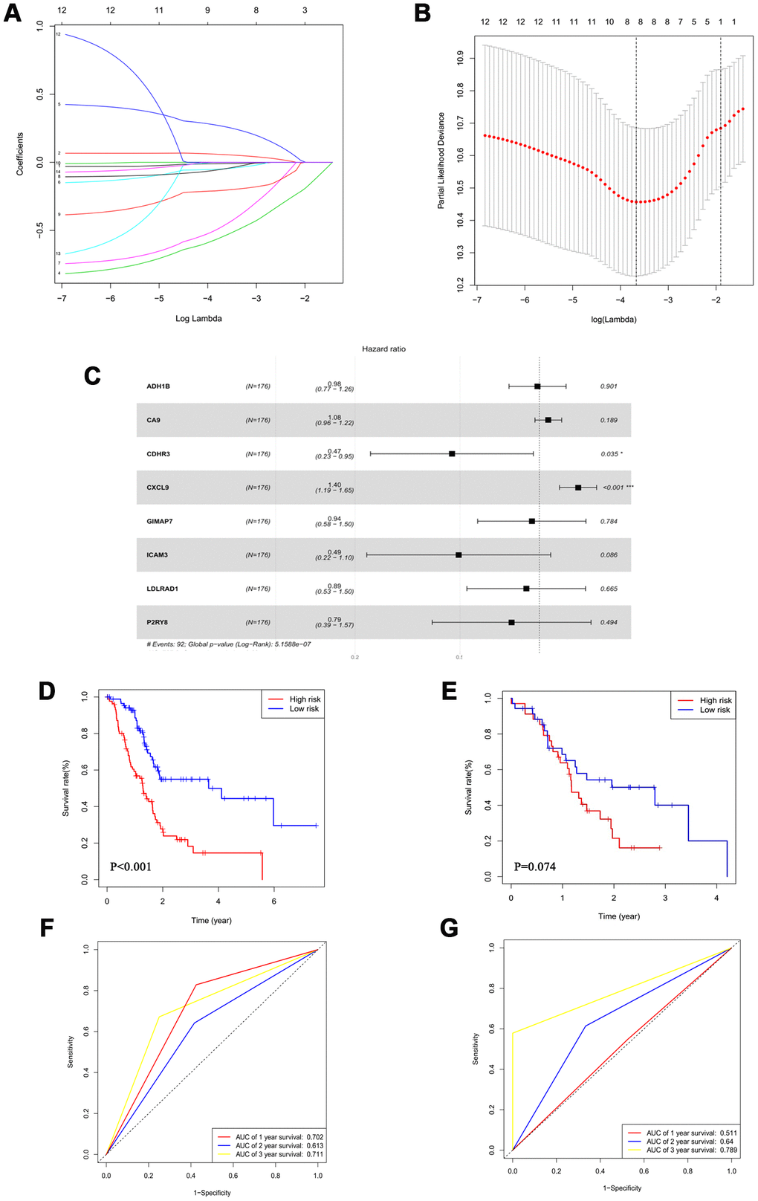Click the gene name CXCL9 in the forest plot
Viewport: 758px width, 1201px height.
(x=158, y=488)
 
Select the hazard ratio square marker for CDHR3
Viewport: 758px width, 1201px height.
(x=452, y=453)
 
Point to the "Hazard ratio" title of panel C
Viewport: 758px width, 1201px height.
(x=383, y=349)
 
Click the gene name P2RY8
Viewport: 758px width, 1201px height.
(x=158, y=622)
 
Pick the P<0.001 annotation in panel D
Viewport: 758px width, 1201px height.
(x=131, y=867)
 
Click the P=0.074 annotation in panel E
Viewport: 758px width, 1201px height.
(x=535, y=867)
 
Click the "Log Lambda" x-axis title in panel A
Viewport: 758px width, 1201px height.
(x=198, y=319)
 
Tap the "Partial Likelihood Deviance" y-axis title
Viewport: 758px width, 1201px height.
(x=441, y=161)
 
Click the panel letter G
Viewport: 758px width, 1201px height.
(x=450, y=928)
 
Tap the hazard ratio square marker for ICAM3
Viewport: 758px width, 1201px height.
(x=459, y=555)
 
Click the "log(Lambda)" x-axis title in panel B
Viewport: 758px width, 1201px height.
(x=613, y=320)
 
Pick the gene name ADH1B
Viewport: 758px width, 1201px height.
(x=158, y=386)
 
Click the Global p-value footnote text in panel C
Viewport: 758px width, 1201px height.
(x=229, y=644)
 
